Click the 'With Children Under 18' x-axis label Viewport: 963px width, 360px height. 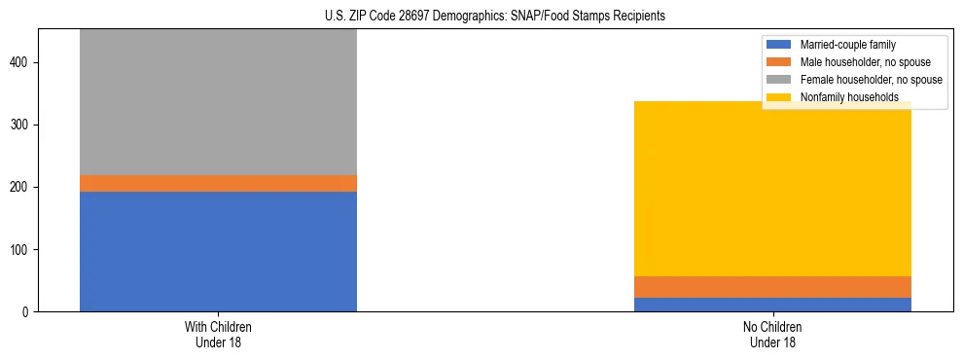tap(218, 335)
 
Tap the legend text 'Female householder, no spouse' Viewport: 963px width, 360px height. tap(871, 80)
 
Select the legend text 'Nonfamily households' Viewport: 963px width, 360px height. tap(842, 97)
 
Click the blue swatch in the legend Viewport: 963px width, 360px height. tap(779, 45)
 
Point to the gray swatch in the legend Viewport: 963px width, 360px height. tap(779, 80)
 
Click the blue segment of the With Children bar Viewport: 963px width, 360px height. tap(218, 251)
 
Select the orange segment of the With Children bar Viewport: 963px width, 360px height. tap(218, 183)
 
